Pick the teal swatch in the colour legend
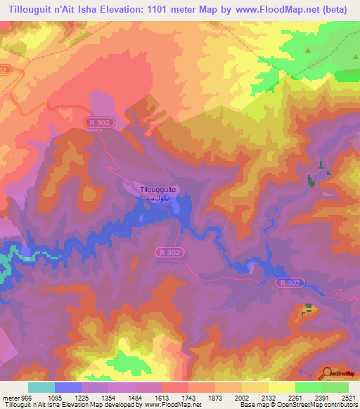point(41,387)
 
